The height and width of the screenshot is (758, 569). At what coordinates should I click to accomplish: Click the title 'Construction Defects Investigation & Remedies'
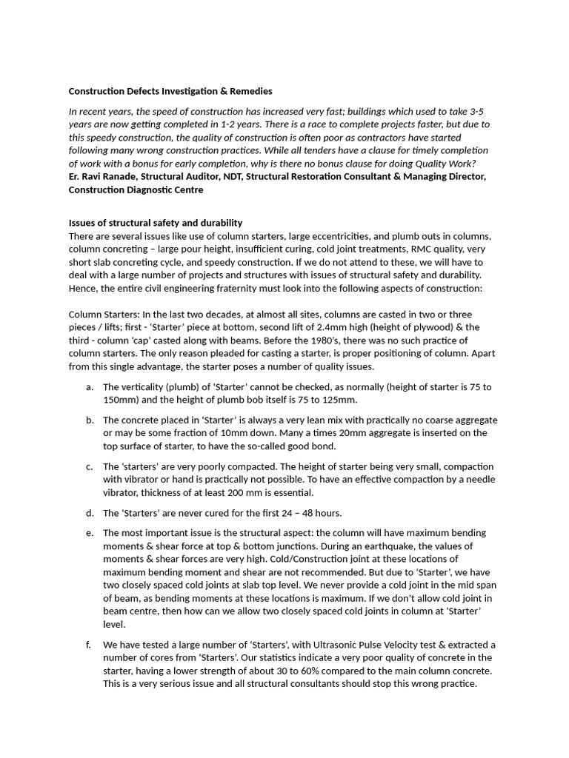[x=170, y=91]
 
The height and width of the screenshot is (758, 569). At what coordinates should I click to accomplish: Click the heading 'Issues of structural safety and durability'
[x=156, y=223]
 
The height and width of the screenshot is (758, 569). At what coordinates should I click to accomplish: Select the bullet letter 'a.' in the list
[x=90, y=386]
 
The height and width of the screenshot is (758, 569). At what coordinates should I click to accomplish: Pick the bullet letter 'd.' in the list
[x=90, y=513]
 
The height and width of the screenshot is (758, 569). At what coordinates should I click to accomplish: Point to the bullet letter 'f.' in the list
[x=90, y=645]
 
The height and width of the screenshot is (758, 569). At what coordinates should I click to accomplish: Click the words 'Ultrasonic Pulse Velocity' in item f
[x=347, y=645]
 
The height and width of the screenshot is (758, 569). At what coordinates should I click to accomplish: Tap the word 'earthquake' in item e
[x=371, y=546]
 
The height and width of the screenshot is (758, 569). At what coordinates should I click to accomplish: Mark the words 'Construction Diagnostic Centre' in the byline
[x=136, y=189]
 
